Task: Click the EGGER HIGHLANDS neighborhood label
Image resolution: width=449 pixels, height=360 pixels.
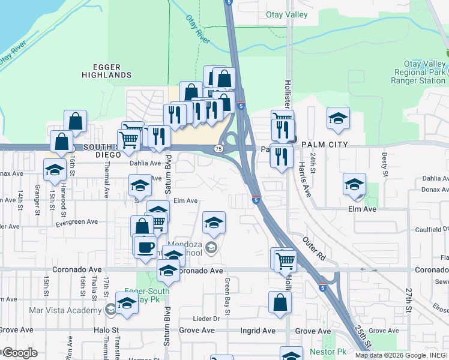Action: point(107,71)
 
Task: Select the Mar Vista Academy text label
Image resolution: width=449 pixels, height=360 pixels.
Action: point(65,310)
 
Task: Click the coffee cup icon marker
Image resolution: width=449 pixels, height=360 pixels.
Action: point(145,247)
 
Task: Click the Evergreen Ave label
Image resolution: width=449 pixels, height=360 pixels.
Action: point(76,221)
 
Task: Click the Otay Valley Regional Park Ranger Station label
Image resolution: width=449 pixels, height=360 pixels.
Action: point(417,72)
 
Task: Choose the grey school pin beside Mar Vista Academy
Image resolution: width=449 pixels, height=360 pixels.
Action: point(110,310)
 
